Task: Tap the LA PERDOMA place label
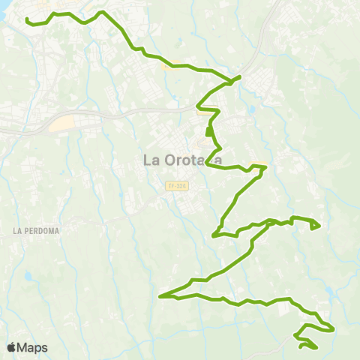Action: tap(35, 230)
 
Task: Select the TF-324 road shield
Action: tap(176, 185)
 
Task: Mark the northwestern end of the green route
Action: tap(27, 19)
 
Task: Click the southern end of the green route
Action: tap(301, 346)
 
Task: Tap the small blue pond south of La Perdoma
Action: tap(28, 276)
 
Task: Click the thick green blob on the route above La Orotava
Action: tap(210, 134)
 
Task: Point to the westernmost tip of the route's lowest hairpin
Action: tap(160, 296)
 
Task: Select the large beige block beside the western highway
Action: tap(64, 122)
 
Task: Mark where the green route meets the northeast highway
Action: tap(238, 76)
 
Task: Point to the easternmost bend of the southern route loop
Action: tap(333, 328)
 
